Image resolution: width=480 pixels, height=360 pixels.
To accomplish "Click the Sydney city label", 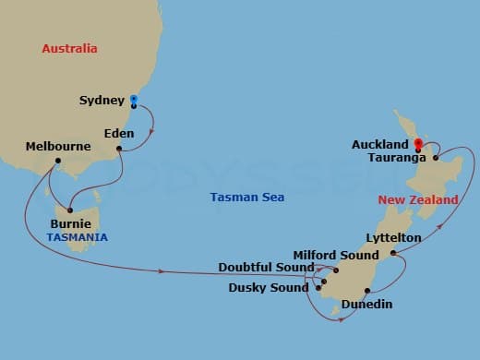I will coord(102,101).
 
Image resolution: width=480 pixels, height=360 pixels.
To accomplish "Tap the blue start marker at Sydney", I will coord(133,99).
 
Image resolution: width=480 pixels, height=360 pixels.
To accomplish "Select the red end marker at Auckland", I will coord(417,143).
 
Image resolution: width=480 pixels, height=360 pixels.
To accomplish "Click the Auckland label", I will coord(380,145).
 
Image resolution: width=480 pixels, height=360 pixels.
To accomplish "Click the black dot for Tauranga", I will coord(436,158).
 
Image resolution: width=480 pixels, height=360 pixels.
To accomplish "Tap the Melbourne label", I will coord(58,146).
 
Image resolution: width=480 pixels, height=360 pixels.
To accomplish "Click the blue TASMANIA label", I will coord(77,237).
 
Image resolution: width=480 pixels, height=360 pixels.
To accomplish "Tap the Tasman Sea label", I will coord(246,197).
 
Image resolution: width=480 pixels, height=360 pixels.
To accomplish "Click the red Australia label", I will coord(69,48).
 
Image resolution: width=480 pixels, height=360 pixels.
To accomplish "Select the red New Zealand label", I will coord(418,200).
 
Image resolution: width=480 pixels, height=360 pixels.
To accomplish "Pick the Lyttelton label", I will coord(393,238).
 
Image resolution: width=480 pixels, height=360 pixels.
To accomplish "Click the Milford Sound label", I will coord(336,255).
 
